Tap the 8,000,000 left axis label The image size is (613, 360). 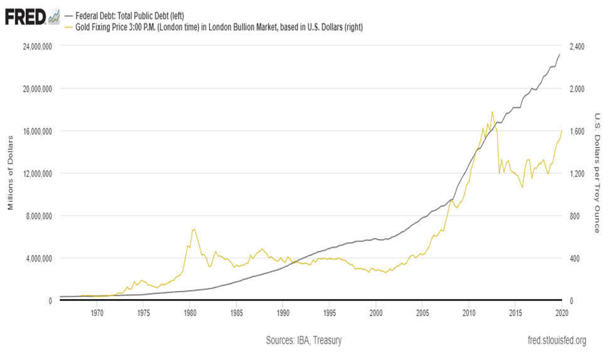pyautogui.click(x=36, y=216)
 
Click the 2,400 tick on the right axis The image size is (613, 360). pyautogui.click(x=577, y=46)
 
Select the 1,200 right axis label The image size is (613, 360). pyautogui.click(x=577, y=174)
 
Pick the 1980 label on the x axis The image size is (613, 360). pyautogui.click(x=189, y=311)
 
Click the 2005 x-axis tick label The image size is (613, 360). pyautogui.click(x=422, y=311)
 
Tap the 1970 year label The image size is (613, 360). pyautogui.click(x=97, y=311)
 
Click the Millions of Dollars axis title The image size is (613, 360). pyautogui.click(x=11, y=173)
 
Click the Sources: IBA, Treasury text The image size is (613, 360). pyautogui.click(x=304, y=341)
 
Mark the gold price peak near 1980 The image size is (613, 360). pyautogui.click(x=194, y=229)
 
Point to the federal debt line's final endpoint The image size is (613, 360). pyautogui.click(x=560, y=54)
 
